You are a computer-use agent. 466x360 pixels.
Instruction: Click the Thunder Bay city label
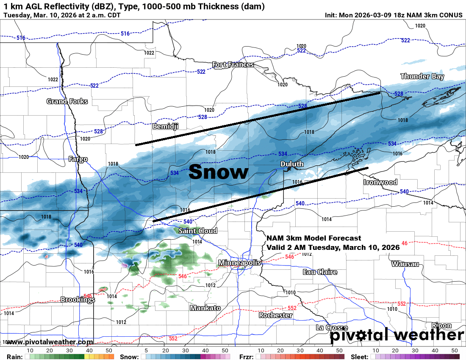[x=422, y=77]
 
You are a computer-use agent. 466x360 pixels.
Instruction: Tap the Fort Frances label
[x=233, y=65]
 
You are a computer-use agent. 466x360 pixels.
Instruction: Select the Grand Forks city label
[x=67, y=101]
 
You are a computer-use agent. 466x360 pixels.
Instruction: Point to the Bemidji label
[x=165, y=126]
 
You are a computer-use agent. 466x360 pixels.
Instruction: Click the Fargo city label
[x=78, y=159]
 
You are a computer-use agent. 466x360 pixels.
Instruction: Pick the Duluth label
[x=291, y=164]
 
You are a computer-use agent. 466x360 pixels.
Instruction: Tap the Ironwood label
[x=380, y=182]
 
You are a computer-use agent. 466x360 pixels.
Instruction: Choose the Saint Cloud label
[x=198, y=231]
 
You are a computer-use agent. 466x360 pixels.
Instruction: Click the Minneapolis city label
[x=239, y=263]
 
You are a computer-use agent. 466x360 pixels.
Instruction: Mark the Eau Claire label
[x=320, y=272]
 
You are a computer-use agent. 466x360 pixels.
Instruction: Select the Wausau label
[x=405, y=264]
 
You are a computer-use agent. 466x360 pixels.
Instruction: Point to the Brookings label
[x=78, y=299]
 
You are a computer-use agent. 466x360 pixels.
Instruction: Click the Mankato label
[x=205, y=308]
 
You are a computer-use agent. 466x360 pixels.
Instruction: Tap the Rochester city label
[x=276, y=315]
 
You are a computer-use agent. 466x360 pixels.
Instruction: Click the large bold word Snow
[x=218, y=172]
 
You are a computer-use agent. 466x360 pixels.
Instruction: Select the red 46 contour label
[x=404, y=243]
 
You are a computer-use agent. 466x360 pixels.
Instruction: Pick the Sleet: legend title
[x=359, y=357]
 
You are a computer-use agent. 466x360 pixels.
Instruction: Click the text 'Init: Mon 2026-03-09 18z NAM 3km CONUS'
[x=394, y=15]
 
